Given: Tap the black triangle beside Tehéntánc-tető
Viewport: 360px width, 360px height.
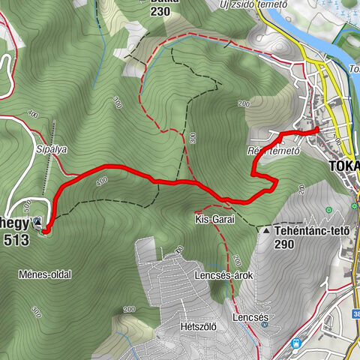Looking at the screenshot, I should tap(267, 230).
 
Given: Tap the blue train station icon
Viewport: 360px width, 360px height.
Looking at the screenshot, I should tap(298, 343).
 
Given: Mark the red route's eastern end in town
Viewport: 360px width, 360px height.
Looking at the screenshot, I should tap(317, 130).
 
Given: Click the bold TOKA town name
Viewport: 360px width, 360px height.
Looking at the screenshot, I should tap(343, 166).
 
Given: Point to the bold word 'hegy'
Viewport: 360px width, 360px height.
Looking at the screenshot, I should tap(14, 223).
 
